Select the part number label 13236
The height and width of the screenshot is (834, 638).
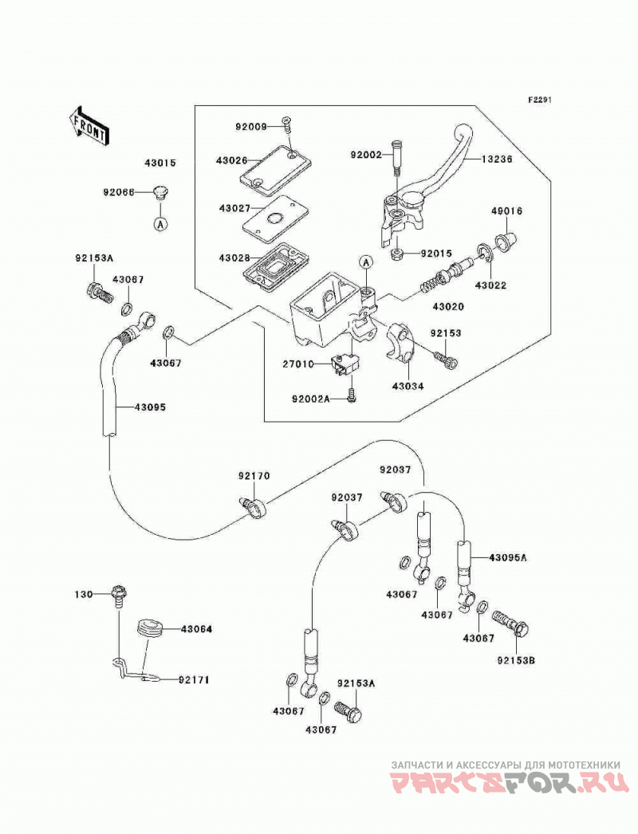pyautogui.click(x=497, y=159)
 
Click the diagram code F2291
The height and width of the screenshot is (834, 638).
pyautogui.click(x=540, y=100)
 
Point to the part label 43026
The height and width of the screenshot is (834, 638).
pyautogui.click(x=232, y=159)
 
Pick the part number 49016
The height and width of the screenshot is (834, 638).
pyautogui.click(x=506, y=211)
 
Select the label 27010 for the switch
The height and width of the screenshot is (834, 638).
pyautogui.click(x=298, y=364)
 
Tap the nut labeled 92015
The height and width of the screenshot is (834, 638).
pyautogui.click(x=396, y=254)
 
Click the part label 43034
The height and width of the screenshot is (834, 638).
pyautogui.click(x=408, y=387)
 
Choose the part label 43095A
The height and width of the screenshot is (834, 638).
pyautogui.click(x=508, y=558)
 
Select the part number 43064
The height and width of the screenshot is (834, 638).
pyautogui.click(x=196, y=629)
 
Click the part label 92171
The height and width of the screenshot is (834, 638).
pyautogui.click(x=194, y=680)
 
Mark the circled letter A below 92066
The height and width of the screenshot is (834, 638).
pyautogui.click(x=160, y=224)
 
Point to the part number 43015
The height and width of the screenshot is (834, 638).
pyautogui.click(x=159, y=163)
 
